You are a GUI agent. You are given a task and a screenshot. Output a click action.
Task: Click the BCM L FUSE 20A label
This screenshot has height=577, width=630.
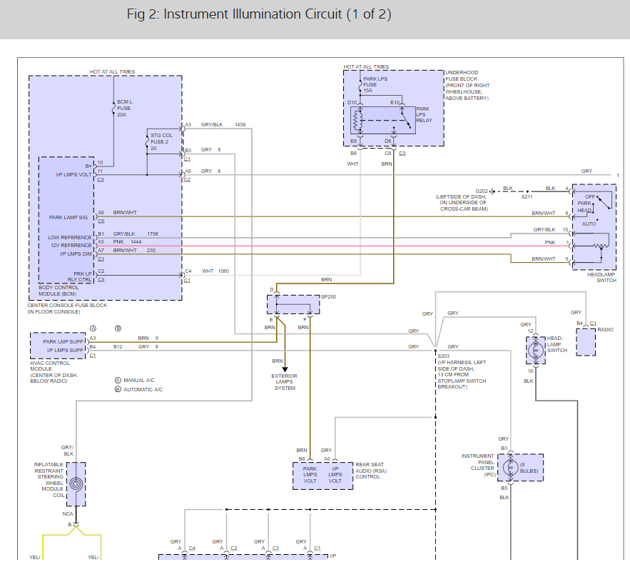(125, 108)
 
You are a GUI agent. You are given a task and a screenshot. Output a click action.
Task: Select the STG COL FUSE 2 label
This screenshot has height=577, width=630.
(161, 140)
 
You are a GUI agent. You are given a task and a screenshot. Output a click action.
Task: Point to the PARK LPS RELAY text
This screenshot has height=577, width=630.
(424, 115)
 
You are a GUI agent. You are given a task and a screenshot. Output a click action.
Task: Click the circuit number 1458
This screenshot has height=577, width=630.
(240, 125)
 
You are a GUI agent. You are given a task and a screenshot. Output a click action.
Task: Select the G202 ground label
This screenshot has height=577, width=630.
(482, 191)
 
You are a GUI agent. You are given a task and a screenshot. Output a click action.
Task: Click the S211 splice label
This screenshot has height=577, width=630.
(527, 196)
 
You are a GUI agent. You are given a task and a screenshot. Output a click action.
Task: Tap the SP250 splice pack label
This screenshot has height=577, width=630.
(329, 296)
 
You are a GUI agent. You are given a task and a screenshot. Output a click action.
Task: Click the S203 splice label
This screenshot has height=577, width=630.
(444, 355)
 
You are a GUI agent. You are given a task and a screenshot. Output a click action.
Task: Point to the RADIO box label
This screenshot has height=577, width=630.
(606, 330)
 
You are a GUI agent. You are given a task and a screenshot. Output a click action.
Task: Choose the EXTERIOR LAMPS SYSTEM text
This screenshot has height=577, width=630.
(284, 382)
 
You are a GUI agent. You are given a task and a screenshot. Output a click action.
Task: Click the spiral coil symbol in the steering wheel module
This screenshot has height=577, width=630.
(76, 483)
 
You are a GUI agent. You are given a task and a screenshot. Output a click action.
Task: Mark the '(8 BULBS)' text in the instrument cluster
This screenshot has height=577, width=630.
(529, 468)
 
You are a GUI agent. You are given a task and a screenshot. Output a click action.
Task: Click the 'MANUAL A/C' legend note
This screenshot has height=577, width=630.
(140, 381)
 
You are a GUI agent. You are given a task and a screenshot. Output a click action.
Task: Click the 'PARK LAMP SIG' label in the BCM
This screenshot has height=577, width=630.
(67, 218)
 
